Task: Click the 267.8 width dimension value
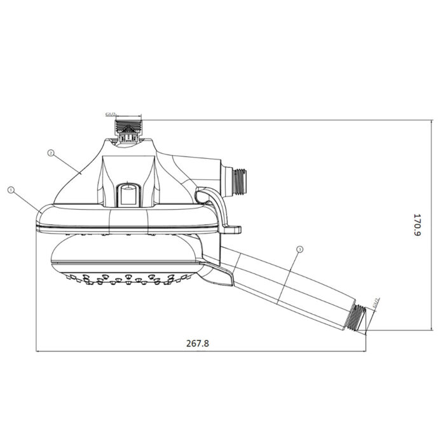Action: (x=198, y=343)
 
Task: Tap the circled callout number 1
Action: (x=11, y=189)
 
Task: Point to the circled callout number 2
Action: (x=50, y=153)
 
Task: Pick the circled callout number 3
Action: (x=299, y=250)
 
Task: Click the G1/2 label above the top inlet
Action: (x=111, y=115)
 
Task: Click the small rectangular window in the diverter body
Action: (x=128, y=195)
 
